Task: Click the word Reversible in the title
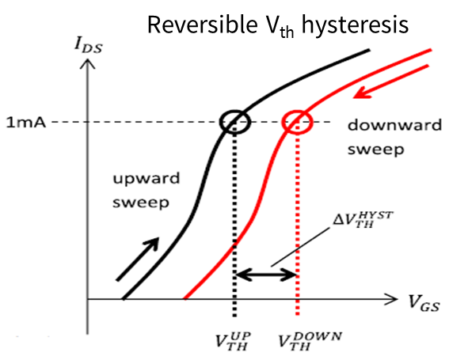203,25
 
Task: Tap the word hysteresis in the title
355,25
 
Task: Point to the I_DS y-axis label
89,46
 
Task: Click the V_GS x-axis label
424,303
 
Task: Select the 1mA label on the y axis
26,123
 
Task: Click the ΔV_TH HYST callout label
363,219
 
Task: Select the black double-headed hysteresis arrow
266,275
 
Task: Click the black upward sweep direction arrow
137,259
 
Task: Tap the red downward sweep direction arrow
391,81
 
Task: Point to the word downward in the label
394,124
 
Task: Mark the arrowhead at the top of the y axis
87,63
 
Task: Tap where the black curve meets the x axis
123,298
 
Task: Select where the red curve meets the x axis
185,298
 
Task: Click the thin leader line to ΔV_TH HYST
300,248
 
